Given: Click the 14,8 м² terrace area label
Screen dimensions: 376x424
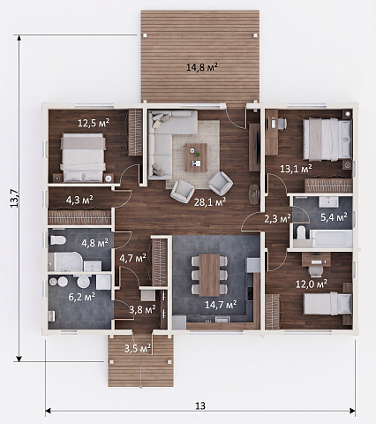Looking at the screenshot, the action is point(202,67).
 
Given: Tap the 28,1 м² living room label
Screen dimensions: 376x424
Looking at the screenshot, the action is point(210,202).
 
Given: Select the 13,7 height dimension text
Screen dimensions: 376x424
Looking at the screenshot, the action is point(14,198).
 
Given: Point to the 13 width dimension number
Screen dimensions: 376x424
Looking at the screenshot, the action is point(200,405).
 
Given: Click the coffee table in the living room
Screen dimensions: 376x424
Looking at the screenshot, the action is point(196,157).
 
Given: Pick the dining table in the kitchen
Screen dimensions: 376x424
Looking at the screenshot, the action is point(209,275).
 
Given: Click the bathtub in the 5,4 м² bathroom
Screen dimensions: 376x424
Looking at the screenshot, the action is point(332,238).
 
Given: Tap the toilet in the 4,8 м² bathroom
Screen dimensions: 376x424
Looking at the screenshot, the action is point(57,240).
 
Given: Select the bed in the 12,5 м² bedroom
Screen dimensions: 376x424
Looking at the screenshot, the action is point(83,157).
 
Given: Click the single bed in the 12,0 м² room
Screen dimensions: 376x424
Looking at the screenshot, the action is point(327,304).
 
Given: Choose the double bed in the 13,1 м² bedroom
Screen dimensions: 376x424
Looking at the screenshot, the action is point(327,140).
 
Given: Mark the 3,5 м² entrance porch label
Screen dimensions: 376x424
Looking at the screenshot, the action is point(138,349).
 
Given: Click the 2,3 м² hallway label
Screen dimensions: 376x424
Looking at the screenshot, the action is point(277,218).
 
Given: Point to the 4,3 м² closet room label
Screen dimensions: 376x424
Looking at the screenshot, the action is point(79,200).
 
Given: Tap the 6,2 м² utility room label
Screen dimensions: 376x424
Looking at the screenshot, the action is point(81,297).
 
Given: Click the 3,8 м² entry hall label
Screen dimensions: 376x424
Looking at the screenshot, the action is point(142,309).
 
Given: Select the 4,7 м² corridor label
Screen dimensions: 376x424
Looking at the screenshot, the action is point(132,258).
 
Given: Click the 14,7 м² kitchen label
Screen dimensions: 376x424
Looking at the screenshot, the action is point(221,305).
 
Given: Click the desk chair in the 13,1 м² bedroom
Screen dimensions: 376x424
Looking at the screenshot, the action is point(282,124).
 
